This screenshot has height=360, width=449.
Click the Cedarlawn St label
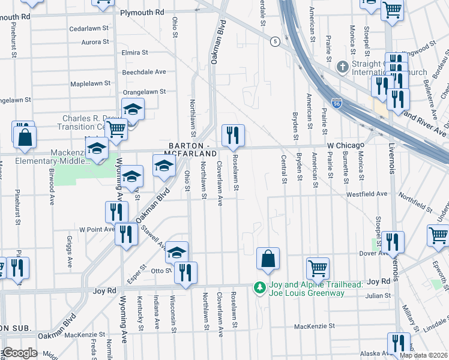tap(89, 28)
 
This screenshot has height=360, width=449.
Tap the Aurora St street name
tap(95, 42)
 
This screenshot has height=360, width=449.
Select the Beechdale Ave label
tap(144, 71)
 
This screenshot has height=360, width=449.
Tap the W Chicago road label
tap(345, 146)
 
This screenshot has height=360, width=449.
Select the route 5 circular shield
tap(275, 41)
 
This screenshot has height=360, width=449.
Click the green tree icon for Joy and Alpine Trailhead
tap(259, 289)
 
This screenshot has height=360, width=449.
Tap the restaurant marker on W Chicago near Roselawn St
tap(233, 135)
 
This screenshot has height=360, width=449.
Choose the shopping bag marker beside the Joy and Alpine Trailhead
tap(268, 259)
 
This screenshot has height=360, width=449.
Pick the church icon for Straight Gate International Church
tap(343, 66)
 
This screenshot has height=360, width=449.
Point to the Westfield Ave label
tap(366, 194)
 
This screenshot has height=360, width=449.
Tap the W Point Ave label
tap(97, 229)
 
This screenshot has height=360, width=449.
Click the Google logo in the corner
tap(20, 353)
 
